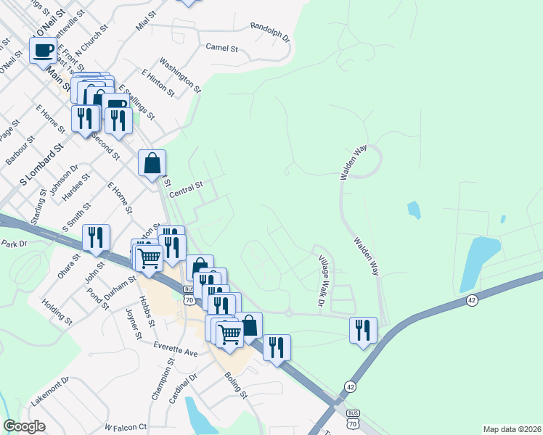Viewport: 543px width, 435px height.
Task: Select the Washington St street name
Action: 179,75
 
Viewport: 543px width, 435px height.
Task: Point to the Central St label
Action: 186,191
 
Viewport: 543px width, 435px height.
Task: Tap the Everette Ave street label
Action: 176,352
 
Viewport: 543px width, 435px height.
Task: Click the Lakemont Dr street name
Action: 49,391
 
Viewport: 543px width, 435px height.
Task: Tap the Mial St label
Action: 146,21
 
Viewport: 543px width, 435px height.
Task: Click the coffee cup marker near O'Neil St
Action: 43,51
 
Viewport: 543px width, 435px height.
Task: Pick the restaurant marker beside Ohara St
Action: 96,237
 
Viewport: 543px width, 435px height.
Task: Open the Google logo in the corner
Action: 24,426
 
